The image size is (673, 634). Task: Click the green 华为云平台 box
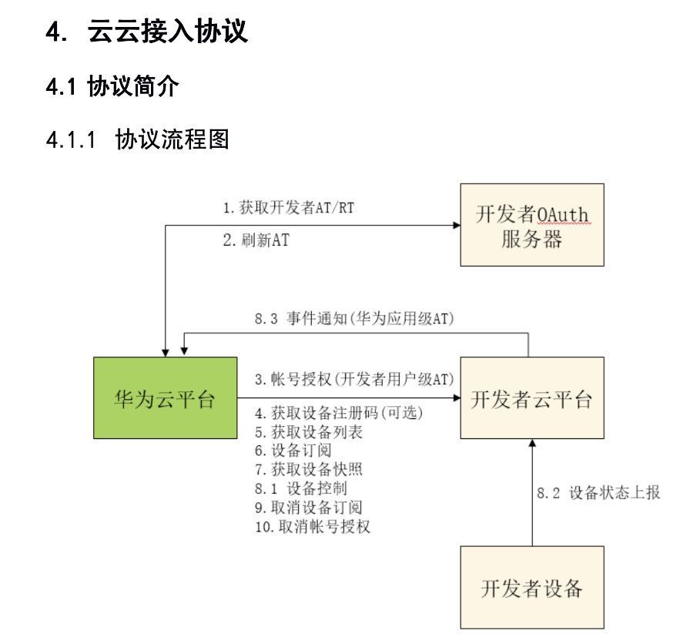click(165, 398)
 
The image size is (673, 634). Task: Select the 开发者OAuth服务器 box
click(532, 225)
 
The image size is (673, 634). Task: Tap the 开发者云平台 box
click(532, 398)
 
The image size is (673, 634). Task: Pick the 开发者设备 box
click(532, 588)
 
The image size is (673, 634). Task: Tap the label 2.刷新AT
click(256, 240)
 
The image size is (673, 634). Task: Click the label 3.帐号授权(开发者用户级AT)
click(354, 379)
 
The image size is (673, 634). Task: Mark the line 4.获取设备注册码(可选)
click(340, 414)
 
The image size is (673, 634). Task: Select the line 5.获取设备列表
click(309, 432)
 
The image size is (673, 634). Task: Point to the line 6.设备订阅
click(293, 451)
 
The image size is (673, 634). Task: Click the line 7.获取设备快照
click(309, 469)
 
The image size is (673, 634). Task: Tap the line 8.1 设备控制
click(301, 488)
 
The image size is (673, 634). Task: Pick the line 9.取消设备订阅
click(309, 507)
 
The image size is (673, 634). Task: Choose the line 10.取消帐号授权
click(313, 526)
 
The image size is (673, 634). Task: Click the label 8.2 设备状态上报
click(598, 493)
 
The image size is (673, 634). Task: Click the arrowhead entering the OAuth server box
click(456, 225)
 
